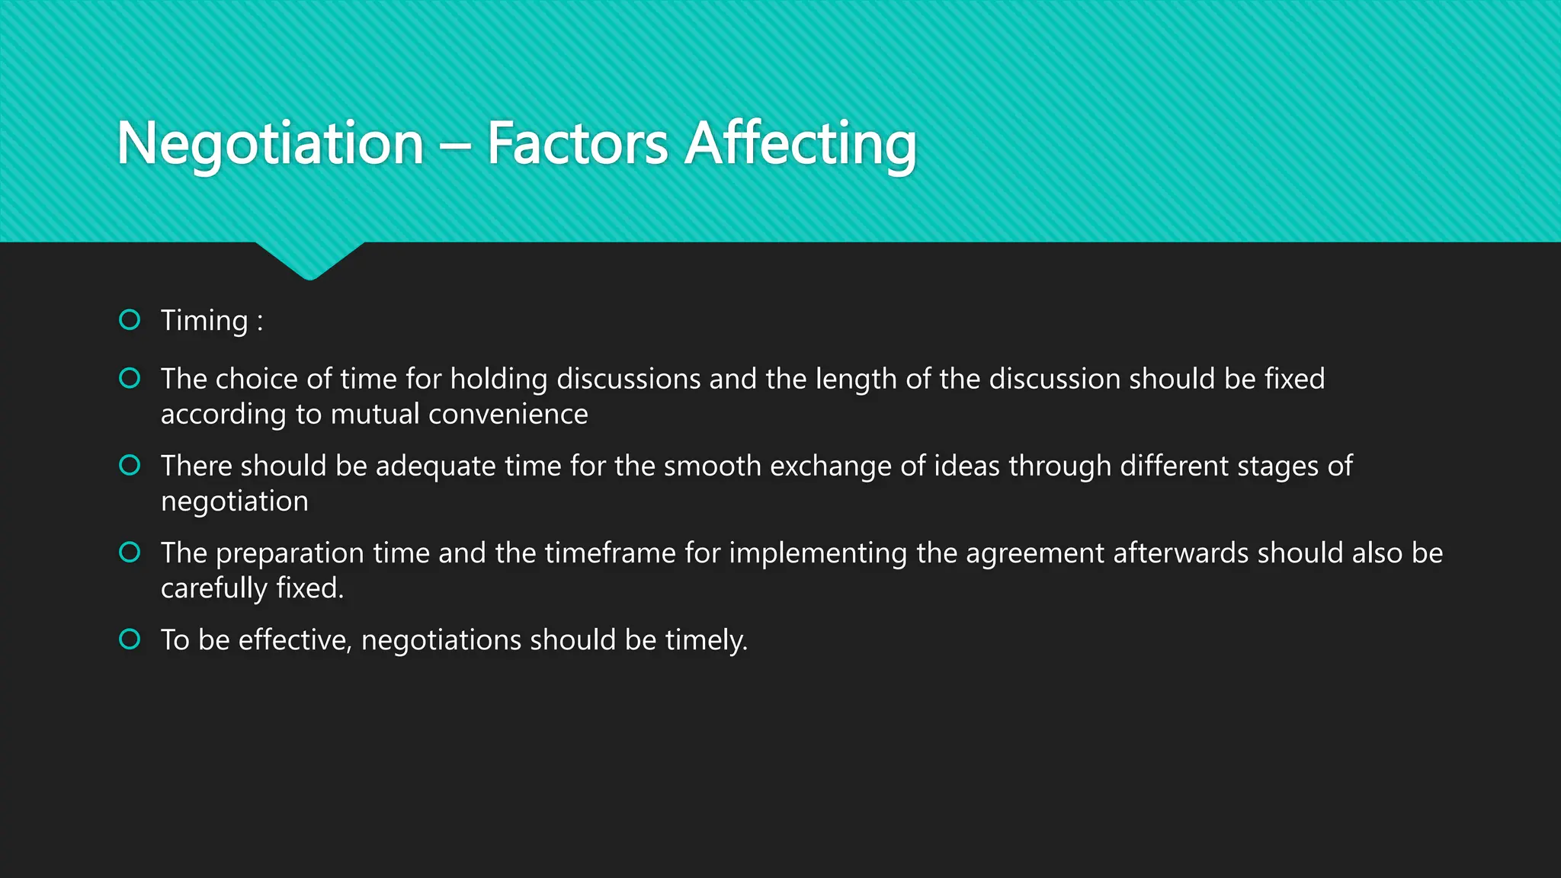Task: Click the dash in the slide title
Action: [456, 145]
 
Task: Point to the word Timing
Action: [204, 321]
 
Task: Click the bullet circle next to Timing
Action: [130, 319]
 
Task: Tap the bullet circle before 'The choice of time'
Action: [130, 378]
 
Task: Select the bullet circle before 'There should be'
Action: [130, 465]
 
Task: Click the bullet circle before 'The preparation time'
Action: [130, 552]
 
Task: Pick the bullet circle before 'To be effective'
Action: [130, 639]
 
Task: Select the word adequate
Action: [435, 466]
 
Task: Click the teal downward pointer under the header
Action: [309, 261]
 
